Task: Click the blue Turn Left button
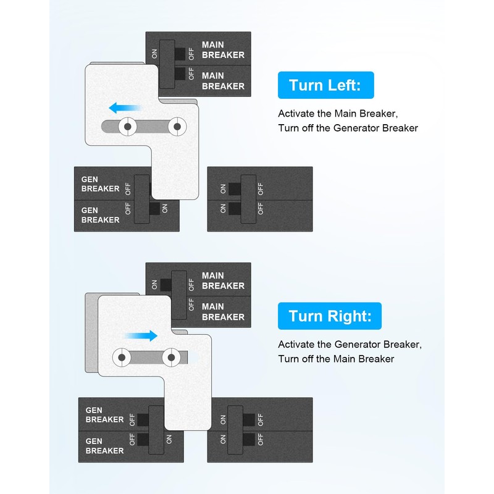326,85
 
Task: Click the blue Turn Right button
330,316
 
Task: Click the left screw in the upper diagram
128,127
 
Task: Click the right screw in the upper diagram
177,127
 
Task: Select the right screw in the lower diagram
172,357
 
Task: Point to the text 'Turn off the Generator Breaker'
348,128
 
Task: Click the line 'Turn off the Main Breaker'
336,359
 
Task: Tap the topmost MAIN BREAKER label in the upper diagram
223,50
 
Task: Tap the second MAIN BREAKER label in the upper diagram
223,81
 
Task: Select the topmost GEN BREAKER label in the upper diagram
100,183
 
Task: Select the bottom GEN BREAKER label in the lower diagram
104,446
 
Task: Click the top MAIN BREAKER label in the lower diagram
223,281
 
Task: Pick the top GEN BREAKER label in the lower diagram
104,414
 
